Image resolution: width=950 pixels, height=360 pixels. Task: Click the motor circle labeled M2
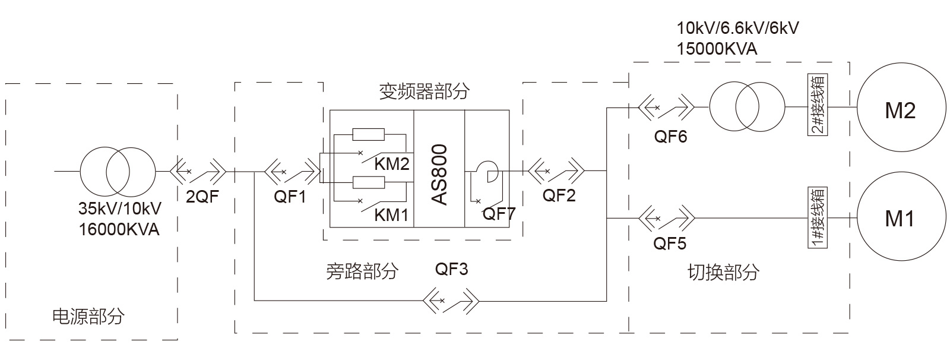(900, 110)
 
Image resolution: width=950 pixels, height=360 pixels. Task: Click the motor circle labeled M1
(900, 219)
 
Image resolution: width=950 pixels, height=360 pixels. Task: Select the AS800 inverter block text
(439, 174)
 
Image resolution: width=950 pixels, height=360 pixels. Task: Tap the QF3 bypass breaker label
(452, 270)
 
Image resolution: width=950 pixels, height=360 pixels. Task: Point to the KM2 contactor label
(392, 165)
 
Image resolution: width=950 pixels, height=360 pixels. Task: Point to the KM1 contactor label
(392, 215)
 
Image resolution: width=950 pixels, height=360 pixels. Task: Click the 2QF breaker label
(202, 197)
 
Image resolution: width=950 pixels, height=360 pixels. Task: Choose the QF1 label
(290, 197)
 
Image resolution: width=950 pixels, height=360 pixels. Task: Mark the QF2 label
(559, 195)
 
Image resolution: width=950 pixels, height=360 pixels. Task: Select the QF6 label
(670, 137)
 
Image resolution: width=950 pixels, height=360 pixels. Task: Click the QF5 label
(670, 244)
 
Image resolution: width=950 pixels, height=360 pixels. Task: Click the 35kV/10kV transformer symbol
(118, 172)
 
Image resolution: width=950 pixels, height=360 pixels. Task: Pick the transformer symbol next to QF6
(747, 107)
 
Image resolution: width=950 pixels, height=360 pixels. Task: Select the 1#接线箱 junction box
(818, 218)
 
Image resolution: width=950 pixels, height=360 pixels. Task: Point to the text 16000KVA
(119, 229)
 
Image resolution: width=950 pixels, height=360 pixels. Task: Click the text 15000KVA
(717, 49)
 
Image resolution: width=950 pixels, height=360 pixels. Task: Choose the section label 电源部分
(89, 317)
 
